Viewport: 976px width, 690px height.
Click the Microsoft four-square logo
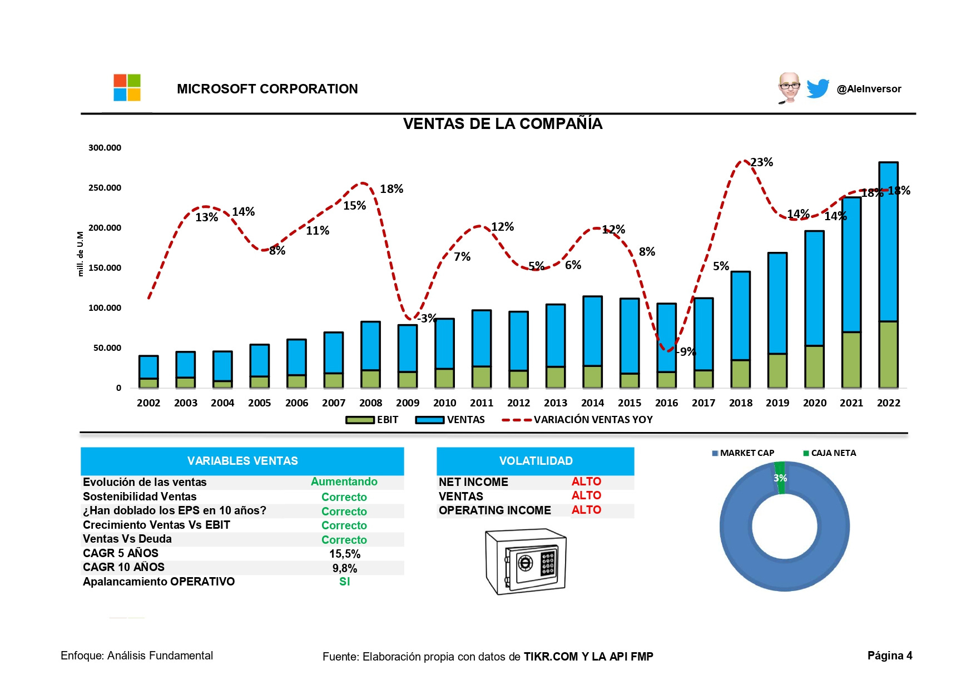(x=127, y=88)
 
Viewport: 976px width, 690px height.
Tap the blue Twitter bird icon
(x=818, y=88)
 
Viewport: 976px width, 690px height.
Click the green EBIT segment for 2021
(x=851, y=360)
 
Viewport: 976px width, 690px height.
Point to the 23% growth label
(x=761, y=162)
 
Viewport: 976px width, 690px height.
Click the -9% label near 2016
(x=687, y=351)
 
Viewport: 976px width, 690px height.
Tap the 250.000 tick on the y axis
(x=105, y=188)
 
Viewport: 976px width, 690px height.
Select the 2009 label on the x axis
(x=408, y=403)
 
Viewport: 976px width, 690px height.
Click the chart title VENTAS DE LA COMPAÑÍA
(x=502, y=124)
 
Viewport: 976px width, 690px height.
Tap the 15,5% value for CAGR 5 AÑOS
(x=345, y=554)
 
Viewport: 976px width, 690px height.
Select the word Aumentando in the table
(x=344, y=482)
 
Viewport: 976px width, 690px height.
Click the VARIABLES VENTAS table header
(x=242, y=461)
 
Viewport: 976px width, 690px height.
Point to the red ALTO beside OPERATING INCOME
(x=586, y=510)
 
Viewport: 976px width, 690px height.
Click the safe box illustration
(x=526, y=562)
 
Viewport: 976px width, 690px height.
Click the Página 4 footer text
(x=889, y=656)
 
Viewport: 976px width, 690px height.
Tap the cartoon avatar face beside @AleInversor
(x=789, y=87)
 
